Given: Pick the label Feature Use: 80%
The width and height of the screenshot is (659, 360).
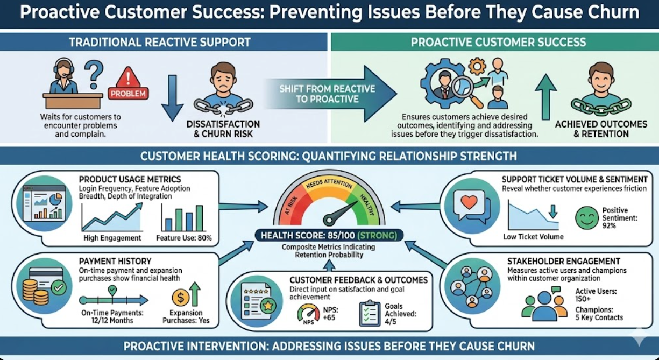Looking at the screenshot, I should [x=184, y=238].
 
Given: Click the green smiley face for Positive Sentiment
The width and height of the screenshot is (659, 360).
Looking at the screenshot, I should [x=586, y=218].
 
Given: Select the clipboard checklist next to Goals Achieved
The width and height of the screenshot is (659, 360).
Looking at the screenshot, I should [x=370, y=313].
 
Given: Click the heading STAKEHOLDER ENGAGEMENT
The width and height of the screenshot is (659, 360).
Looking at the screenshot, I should [x=564, y=261].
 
